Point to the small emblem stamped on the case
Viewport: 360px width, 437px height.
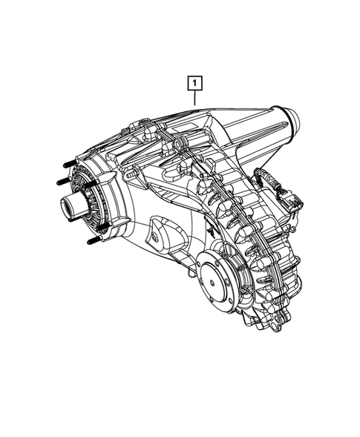[x=210, y=232]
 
